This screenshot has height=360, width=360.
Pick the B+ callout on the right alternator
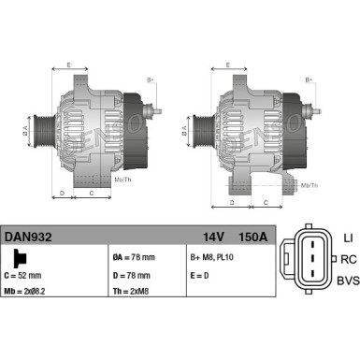tap(310, 80)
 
